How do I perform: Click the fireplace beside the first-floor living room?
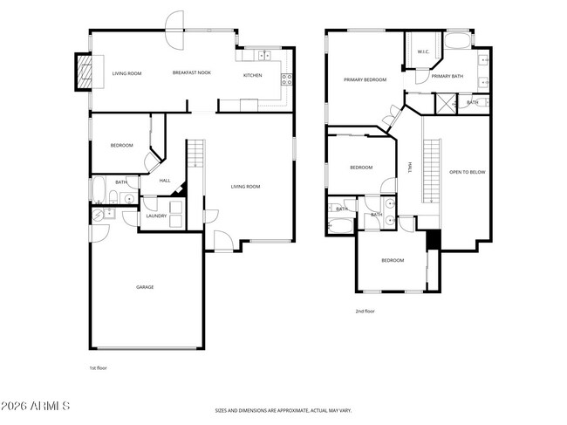coord(85,72)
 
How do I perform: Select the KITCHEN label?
coord(252,75)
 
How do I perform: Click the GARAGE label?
coord(145,286)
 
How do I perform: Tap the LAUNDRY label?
coord(156,215)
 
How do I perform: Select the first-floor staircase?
coord(196,157)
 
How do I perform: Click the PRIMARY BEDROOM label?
coord(365,79)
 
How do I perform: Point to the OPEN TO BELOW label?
coord(467,172)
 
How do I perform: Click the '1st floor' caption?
coord(99,368)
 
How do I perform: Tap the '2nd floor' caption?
coord(365,311)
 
